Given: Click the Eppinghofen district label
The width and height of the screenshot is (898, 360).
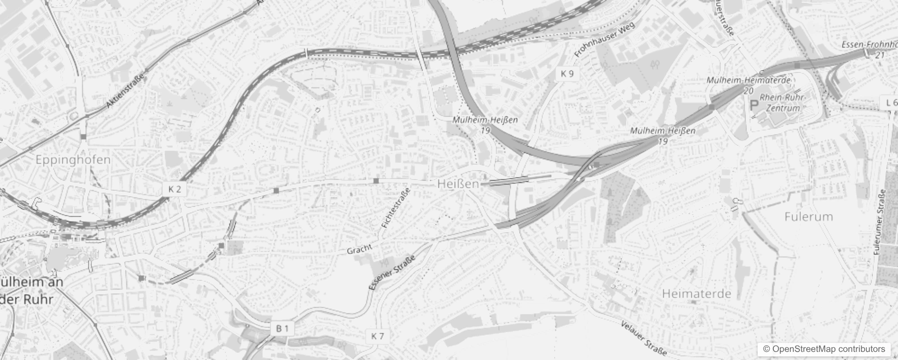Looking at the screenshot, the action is click(x=73, y=160).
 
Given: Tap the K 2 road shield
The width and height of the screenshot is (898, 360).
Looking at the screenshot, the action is click(x=175, y=189).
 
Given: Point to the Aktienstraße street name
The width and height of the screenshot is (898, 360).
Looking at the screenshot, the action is click(x=126, y=91).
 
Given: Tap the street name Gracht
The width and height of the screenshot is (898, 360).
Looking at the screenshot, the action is click(x=359, y=249).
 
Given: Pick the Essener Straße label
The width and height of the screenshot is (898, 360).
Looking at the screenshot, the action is click(x=391, y=272).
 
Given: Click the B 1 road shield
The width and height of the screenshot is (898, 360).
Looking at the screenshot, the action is click(x=282, y=328).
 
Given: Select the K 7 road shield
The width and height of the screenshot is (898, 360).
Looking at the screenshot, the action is click(x=378, y=336).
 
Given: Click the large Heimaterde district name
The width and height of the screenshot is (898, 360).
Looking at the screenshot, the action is click(x=696, y=294).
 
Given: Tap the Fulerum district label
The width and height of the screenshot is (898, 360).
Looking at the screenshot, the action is click(x=808, y=217).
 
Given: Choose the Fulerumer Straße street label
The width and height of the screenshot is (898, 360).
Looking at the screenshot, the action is click(x=881, y=222).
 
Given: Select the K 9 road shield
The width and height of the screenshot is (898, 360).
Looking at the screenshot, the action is click(x=567, y=74).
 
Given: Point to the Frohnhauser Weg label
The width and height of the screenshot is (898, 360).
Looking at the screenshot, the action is click(x=605, y=40).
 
